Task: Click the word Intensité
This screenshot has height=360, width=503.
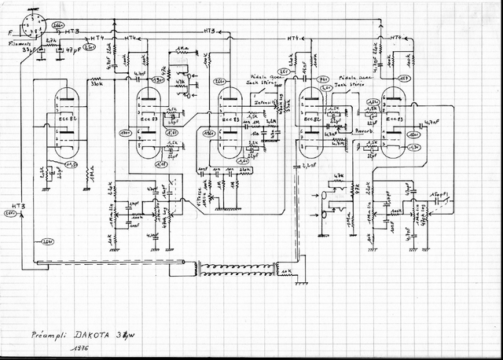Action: (x=263, y=101)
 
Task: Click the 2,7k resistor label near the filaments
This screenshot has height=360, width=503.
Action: (x=51, y=39)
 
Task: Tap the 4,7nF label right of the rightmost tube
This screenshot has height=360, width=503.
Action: (x=431, y=122)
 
